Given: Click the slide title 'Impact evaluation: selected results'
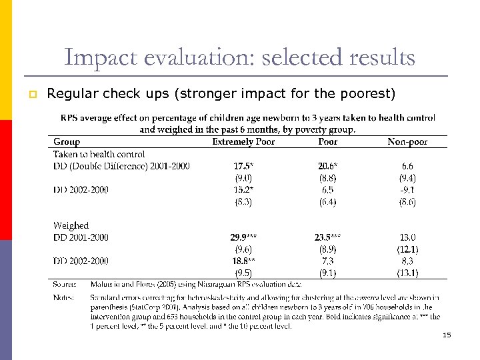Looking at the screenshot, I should (239, 57).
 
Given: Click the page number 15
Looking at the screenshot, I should (447, 335).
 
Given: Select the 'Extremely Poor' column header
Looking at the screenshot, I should (243, 141).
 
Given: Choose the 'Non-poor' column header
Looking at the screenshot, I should (407, 141).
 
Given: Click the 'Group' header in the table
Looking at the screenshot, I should (67, 141).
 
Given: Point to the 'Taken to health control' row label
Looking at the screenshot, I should (99, 154).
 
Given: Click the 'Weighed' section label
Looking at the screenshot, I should (71, 225).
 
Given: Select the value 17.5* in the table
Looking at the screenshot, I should (243, 166).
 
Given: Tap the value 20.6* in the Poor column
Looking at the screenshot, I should (327, 166).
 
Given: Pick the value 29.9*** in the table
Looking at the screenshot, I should (243, 237).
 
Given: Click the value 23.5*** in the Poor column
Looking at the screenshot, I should (327, 237).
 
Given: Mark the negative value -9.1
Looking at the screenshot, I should (407, 190).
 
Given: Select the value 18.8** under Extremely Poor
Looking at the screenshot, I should (243, 261).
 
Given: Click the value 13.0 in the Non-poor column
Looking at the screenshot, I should (407, 237).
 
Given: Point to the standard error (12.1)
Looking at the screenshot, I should (407, 249).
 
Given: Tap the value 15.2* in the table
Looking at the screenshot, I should (243, 190).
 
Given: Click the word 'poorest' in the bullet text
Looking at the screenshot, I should (369, 93).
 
